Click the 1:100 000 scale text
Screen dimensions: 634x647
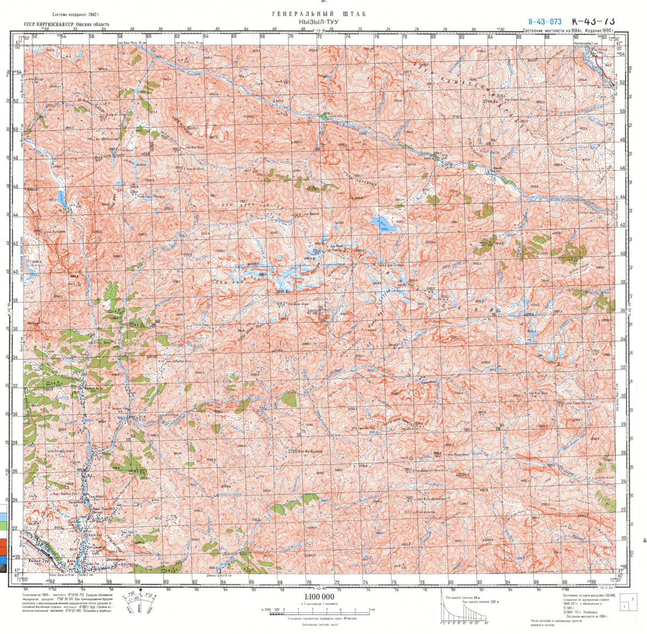click(319, 597)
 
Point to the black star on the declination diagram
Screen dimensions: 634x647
click(141, 592)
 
